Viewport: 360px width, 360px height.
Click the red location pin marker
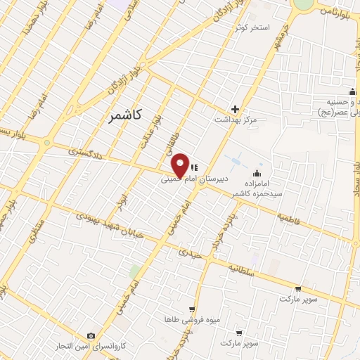coord(180,165)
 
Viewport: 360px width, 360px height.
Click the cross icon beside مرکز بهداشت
coord(236,109)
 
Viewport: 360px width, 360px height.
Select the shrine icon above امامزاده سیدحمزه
coord(258,174)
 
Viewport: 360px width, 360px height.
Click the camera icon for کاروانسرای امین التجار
coord(91,336)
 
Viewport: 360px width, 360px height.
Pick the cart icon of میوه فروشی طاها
coord(191,309)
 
